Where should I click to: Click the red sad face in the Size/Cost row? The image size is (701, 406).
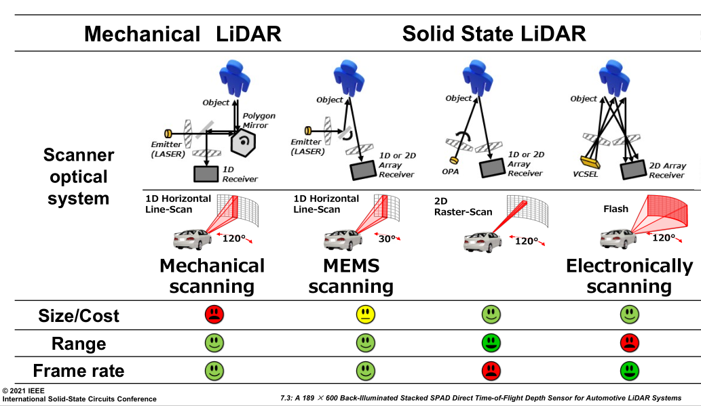214,314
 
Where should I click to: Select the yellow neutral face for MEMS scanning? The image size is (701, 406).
366,314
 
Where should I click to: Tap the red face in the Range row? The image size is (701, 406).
630,343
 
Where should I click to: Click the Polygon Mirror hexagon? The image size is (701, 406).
242,142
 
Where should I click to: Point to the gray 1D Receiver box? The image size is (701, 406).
206,174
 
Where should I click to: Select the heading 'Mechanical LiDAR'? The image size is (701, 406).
183,34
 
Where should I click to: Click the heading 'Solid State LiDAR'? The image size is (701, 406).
494,34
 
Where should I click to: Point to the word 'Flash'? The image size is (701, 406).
615,209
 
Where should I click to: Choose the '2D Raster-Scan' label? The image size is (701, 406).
463,206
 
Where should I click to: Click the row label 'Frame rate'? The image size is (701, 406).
79,371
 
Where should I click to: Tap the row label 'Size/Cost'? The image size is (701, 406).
79,316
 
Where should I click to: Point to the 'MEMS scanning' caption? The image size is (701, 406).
351,276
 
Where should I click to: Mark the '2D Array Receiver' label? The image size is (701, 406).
667,170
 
